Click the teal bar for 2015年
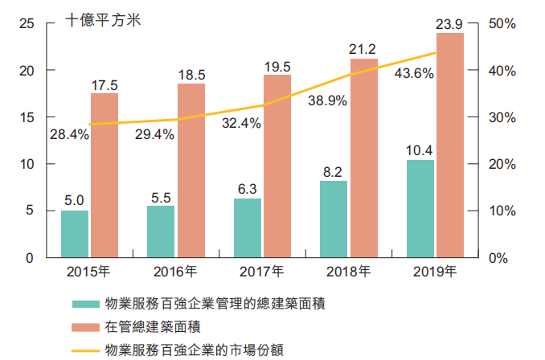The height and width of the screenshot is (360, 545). [75, 234]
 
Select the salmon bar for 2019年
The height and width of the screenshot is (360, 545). [450, 145]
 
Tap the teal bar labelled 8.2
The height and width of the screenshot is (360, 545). [334, 219]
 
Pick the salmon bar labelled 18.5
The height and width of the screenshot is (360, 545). [191, 170]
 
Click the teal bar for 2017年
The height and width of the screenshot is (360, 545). [248, 227]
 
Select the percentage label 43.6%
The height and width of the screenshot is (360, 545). [415, 73]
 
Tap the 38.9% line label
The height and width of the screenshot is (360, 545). [327, 100]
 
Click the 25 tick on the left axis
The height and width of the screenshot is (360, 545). [27, 24]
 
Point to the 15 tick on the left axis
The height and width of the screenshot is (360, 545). [27, 117]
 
